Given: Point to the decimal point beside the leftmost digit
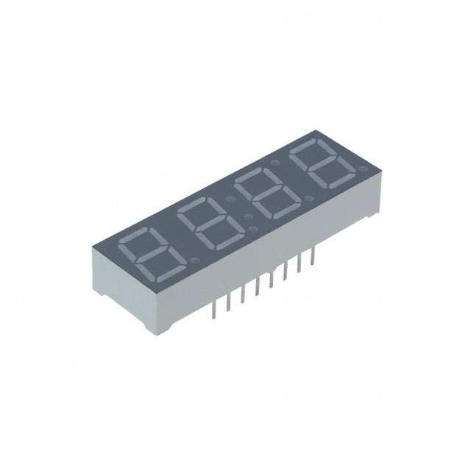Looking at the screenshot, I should tap(193, 261).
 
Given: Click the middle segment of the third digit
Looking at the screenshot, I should tap(263, 198).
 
